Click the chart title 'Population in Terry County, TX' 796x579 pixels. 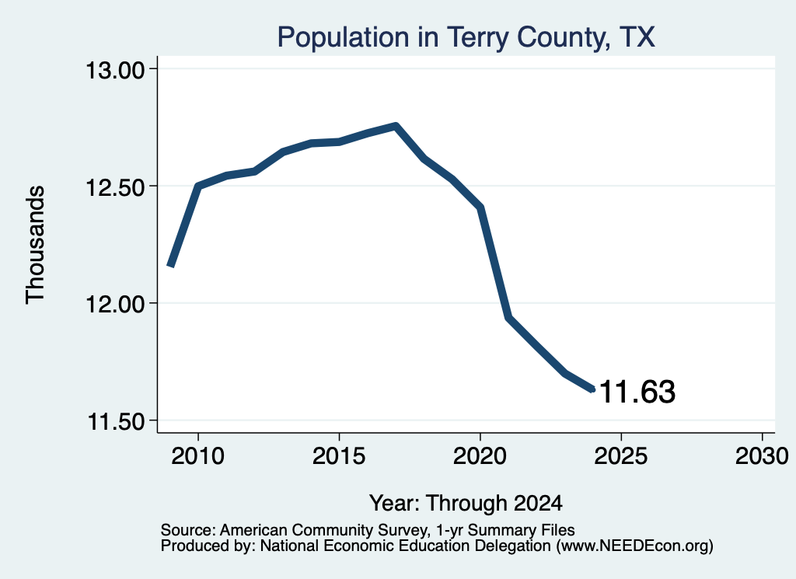click(x=466, y=37)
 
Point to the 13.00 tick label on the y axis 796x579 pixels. click(x=115, y=69)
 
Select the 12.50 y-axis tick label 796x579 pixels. click(x=115, y=187)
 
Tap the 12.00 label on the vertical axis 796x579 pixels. click(x=115, y=305)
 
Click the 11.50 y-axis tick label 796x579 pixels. click(x=116, y=422)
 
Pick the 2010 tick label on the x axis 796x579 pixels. click(x=198, y=456)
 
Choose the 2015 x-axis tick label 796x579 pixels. click(x=339, y=456)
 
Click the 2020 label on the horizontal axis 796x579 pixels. click(x=480, y=456)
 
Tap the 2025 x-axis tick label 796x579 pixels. click(x=621, y=456)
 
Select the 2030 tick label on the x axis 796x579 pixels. click(x=762, y=456)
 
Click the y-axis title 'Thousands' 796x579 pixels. click(x=36, y=245)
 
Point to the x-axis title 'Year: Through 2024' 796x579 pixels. click(x=466, y=504)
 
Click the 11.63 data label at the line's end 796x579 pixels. click(x=637, y=392)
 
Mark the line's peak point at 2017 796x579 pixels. click(x=396, y=125)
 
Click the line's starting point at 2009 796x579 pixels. click(x=171, y=265)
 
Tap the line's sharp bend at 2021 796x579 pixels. click(x=508, y=317)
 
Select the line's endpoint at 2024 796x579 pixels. click(x=592, y=389)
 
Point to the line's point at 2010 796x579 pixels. click(x=198, y=187)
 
